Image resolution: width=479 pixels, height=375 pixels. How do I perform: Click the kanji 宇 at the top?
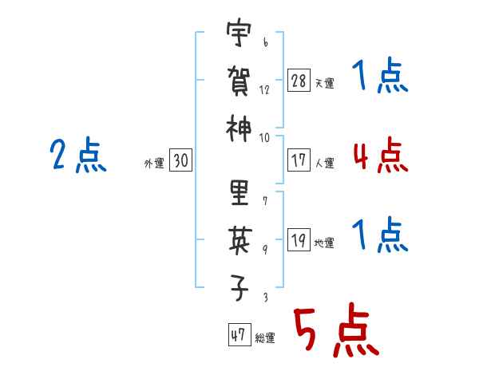click(x=239, y=32)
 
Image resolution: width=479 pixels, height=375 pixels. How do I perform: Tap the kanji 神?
click(x=239, y=128)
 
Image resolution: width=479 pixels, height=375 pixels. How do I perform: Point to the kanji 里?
click(x=239, y=192)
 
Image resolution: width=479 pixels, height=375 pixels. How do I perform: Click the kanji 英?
click(x=239, y=241)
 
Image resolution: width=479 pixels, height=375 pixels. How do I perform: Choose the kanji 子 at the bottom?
click(x=239, y=288)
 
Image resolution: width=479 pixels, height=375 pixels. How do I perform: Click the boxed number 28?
click(x=299, y=80)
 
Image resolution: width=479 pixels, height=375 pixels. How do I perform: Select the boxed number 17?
click(x=299, y=160)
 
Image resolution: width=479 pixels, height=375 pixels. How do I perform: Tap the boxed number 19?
click(x=299, y=239)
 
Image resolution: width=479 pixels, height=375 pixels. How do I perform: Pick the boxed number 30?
click(x=180, y=160)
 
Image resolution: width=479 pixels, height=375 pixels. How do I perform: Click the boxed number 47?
click(x=239, y=334)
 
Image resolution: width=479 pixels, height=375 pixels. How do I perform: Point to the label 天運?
click(x=325, y=83)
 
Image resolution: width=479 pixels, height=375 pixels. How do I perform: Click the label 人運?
click(x=325, y=163)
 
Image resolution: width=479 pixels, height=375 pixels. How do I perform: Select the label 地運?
click(x=324, y=243)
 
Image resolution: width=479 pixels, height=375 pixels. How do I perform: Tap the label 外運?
click(x=154, y=163)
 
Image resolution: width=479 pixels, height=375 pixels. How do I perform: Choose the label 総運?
click(x=265, y=337)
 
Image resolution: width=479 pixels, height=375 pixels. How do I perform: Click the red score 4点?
click(x=381, y=155)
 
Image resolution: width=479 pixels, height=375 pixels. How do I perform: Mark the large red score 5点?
click(x=336, y=330)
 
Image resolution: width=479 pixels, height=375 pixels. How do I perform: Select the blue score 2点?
click(x=78, y=155)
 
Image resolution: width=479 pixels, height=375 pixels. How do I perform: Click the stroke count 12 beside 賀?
click(x=264, y=90)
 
